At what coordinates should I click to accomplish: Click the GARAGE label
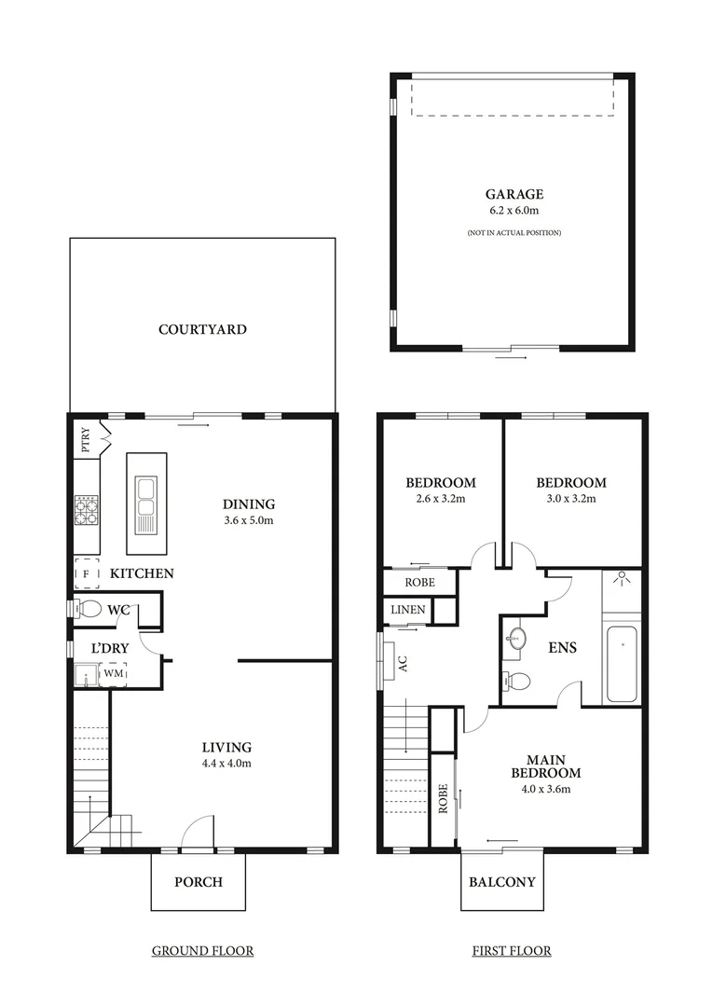coord(513,195)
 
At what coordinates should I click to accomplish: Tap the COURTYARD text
coord(202,329)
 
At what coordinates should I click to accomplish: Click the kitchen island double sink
coord(146,495)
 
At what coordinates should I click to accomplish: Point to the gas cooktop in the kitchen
coord(87,510)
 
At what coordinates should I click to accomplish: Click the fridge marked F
coord(87,573)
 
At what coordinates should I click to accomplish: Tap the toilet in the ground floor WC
coord(89,610)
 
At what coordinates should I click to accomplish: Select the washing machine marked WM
coord(113,673)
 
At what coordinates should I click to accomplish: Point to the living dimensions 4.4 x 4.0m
coord(227,763)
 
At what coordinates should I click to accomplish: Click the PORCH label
coord(199,881)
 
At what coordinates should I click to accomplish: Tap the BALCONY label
coord(502,881)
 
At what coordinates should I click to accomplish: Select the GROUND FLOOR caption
coord(202,951)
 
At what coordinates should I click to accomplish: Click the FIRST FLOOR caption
coord(511,951)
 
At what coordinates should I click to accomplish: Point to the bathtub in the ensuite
coord(622,664)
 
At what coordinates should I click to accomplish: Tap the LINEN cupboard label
coord(407,610)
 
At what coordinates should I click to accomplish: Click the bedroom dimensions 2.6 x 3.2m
coord(440,499)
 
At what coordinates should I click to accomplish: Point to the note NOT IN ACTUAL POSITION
coord(513,232)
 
